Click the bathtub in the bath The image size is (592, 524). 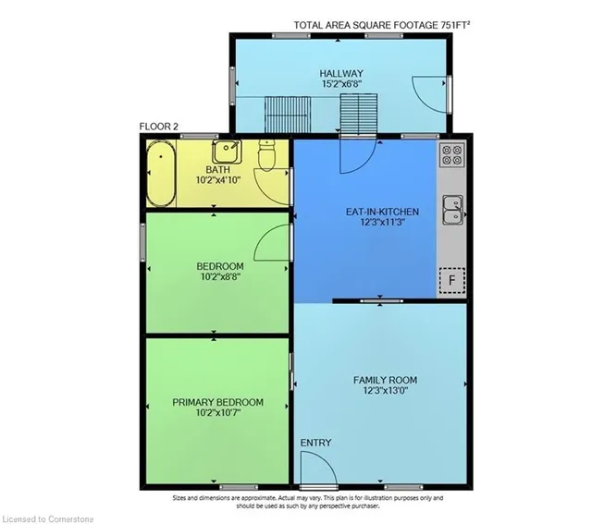coord(161,173)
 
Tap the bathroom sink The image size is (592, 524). coord(227,151)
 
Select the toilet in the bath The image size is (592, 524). coord(267,155)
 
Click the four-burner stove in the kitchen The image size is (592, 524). coord(452,154)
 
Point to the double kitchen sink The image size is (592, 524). coord(452,210)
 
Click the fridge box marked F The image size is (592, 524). coord(452,280)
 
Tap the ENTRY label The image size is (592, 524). coord(316,443)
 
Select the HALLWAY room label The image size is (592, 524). coord(341,73)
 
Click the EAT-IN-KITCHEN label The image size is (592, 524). coord(382,212)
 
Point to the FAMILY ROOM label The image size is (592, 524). coord(385,380)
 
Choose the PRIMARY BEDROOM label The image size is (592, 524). coord(218,402)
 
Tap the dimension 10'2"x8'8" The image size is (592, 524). coord(220,277)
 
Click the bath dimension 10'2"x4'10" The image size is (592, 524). coord(218,180)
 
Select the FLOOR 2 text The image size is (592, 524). coord(158,127)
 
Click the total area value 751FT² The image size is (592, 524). coord(455,25)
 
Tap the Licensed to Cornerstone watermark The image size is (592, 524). coord(47,519)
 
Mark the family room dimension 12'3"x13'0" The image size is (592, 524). coord(386,390)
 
